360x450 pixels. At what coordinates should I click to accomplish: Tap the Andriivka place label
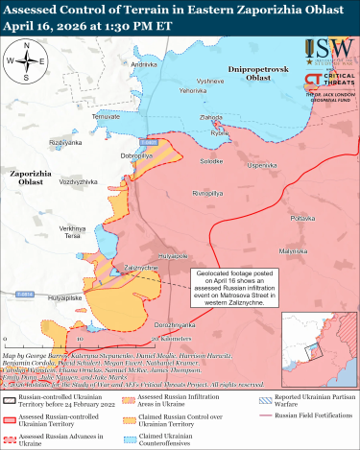pos(144,63)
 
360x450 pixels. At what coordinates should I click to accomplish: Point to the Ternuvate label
pos(107,116)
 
